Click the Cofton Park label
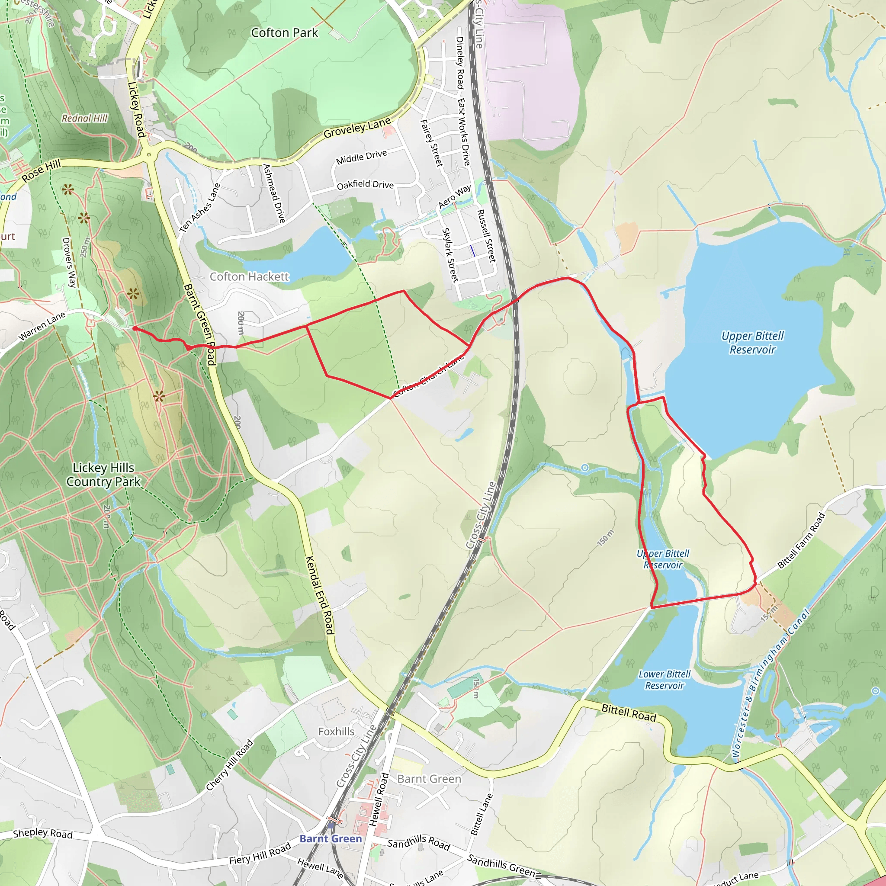284,32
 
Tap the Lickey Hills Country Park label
104,475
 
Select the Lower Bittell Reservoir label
664,680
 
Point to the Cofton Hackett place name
249,276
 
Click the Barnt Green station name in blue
331,839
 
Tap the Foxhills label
336,732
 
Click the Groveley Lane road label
357,128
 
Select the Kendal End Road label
320,595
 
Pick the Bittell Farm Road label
801,541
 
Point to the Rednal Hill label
85,118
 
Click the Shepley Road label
43,833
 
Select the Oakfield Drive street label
365,184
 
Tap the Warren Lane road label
42,327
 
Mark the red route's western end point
134,328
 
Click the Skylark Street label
449,254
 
